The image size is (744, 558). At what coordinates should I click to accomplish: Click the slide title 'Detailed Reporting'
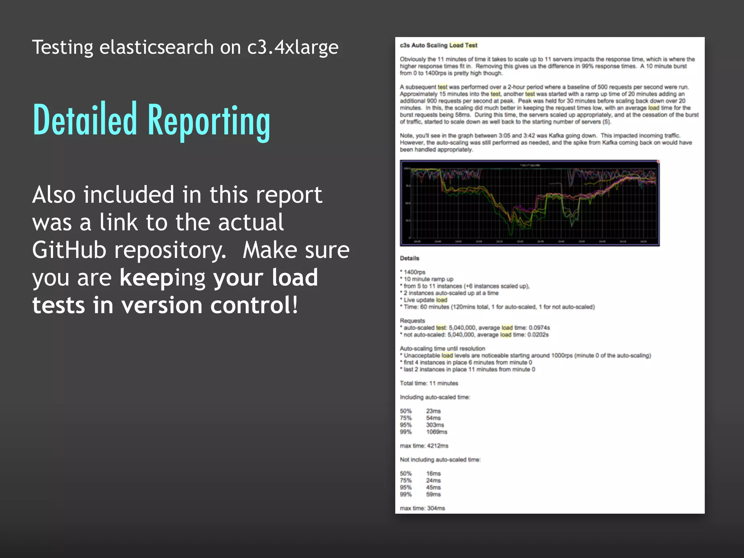(x=151, y=120)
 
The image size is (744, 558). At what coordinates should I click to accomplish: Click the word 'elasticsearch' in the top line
(x=157, y=47)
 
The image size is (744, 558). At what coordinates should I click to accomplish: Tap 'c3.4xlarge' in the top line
(x=293, y=47)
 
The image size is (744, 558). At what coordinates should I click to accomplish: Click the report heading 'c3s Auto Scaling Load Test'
(x=438, y=45)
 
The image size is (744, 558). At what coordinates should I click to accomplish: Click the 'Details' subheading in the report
(x=409, y=258)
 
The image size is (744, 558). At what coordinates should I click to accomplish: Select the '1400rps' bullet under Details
(x=414, y=272)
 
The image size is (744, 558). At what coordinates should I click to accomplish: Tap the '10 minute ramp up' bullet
(x=428, y=279)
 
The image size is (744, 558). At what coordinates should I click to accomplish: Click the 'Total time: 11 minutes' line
(x=429, y=383)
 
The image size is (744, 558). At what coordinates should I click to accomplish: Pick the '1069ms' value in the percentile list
(x=437, y=432)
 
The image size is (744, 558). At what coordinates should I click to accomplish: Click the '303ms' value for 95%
(x=435, y=425)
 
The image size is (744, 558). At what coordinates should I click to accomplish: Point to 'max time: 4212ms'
(x=424, y=446)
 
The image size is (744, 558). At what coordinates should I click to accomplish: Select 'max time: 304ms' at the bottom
(x=422, y=508)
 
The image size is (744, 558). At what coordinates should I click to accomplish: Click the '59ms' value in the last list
(x=433, y=494)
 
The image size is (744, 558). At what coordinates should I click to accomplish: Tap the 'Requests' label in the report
(x=412, y=321)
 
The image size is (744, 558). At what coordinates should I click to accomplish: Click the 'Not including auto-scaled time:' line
(x=440, y=460)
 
